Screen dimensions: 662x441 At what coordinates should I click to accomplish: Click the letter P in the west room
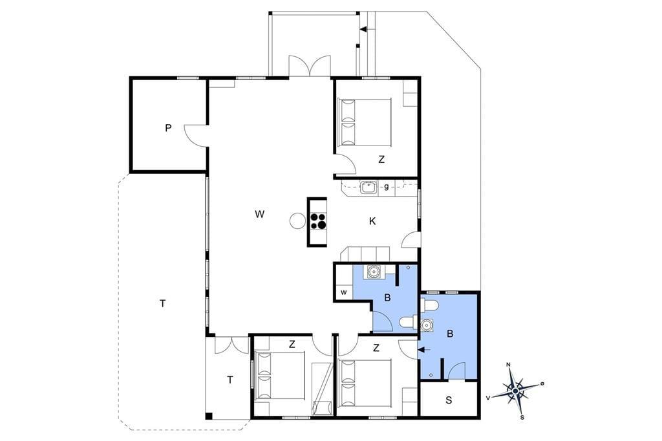tap(169, 127)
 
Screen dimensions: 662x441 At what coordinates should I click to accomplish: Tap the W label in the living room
tap(260, 214)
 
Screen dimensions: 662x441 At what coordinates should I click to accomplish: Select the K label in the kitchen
tap(372, 221)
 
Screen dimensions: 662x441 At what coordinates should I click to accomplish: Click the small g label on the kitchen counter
tap(387, 186)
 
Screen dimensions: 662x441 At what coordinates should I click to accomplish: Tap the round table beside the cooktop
tap(297, 220)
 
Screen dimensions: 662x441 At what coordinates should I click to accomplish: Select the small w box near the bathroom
tap(344, 292)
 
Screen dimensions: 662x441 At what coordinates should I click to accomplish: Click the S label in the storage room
tap(449, 400)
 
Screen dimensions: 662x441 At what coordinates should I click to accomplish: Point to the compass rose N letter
tap(509, 365)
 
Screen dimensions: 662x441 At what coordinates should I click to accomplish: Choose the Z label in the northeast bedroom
tap(381, 159)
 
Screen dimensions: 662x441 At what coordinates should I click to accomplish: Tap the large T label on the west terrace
tap(162, 303)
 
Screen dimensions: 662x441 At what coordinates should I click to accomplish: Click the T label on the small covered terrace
tap(230, 380)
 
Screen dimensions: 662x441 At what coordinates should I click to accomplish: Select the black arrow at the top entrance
tap(363, 29)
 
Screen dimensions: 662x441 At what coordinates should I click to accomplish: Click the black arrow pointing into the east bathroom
tap(424, 349)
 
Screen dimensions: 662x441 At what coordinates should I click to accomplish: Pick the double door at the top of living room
tap(310, 67)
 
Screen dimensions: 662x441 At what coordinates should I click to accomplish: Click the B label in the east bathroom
tap(450, 334)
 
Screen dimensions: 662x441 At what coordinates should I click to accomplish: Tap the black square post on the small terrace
tap(209, 416)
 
